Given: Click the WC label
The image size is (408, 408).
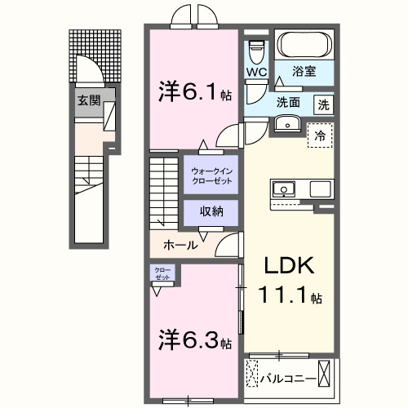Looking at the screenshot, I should (257, 71).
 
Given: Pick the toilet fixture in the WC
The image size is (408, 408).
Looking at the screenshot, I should (257, 50).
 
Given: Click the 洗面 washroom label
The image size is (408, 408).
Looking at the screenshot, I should (286, 103).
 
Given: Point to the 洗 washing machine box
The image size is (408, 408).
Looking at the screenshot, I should (324, 104).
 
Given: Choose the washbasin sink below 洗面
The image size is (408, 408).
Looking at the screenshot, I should (286, 124).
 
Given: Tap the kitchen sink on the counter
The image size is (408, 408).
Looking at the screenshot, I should (285, 188).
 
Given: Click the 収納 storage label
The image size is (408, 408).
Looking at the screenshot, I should (210, 211).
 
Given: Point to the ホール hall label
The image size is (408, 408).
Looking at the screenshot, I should (179, 244).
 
